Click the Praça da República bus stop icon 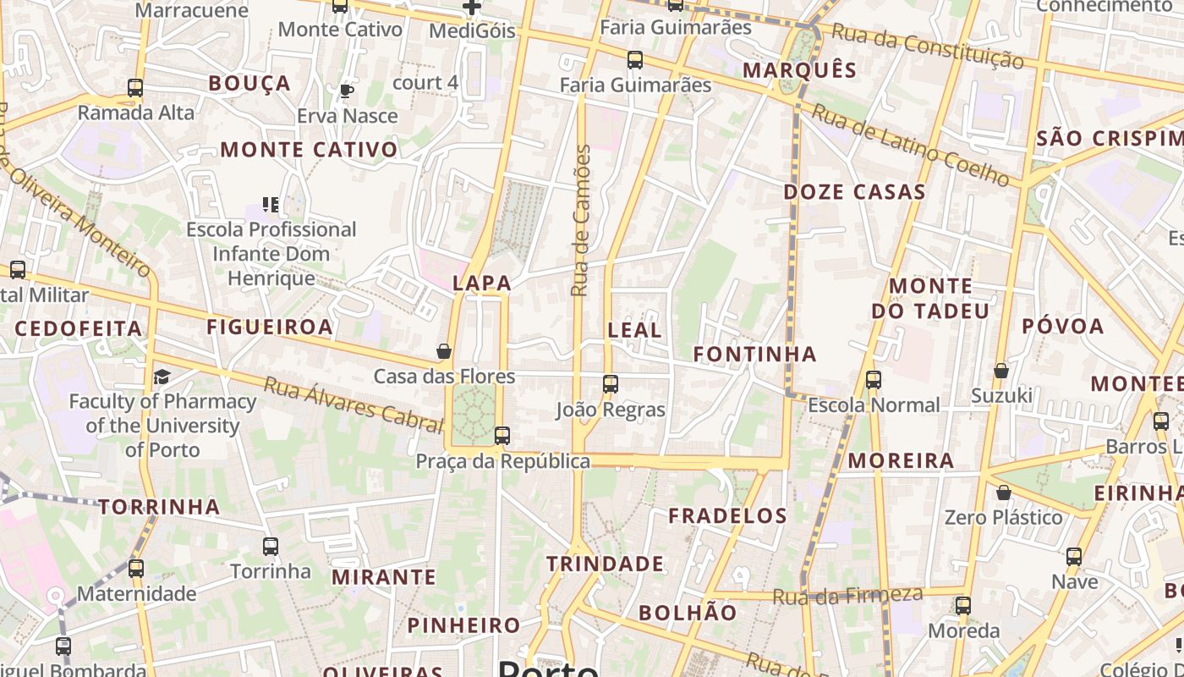click(x=502, y=436)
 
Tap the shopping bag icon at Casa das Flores click(x=444, y=350)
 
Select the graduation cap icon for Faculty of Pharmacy click(x=162, y=377)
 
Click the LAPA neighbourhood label click(x=482, y=283)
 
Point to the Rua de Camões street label click(x=580, y=220)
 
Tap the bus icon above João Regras click(x=611, y=384)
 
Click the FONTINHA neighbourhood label click(x=754, y=354)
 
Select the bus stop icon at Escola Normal click(x=874, y=380)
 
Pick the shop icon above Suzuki click(x=1000, y=371)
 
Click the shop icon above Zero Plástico click(x=1003, y=492)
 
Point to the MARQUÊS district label click(x=799, y=69)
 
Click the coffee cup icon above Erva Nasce click(x=346, y=91)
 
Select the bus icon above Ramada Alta click(x=135, y=87)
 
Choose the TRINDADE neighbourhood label click(x=605, y=564)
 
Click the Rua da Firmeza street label click(x=847, y=596)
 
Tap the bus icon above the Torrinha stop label click(x=271, y=547)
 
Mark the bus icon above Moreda click(x=963, y=605)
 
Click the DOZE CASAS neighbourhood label click(x=854, y=192)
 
